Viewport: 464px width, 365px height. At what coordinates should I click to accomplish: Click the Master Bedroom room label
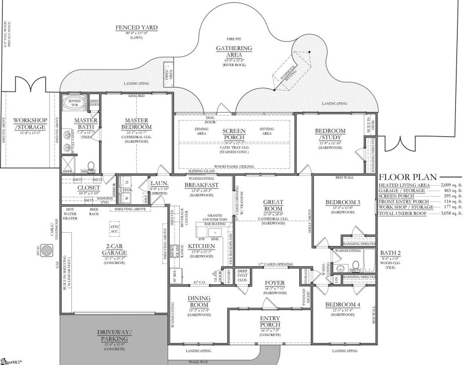coord(137,123)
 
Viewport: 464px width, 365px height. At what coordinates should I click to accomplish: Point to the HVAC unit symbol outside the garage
coord(50,249)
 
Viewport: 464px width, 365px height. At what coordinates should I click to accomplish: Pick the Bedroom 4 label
coord(338,305)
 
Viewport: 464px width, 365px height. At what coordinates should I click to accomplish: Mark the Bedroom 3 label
coord(338,203)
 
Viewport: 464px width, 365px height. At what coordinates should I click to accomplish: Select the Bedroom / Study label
coord(331,134)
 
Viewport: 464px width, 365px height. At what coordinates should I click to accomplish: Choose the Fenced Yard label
coord(136,28)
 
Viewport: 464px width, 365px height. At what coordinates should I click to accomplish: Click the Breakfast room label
coord(201,185)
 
